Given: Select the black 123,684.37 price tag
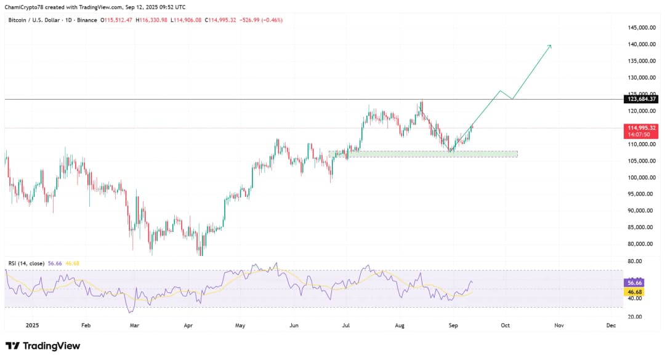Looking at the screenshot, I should (642, 99).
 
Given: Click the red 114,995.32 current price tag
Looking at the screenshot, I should (642, 127).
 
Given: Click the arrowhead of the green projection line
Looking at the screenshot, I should (550, 46).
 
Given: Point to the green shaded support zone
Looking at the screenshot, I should (425, 154).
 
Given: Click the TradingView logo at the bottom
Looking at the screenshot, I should (43, 346).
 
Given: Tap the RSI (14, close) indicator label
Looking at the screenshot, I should (26, 263).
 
